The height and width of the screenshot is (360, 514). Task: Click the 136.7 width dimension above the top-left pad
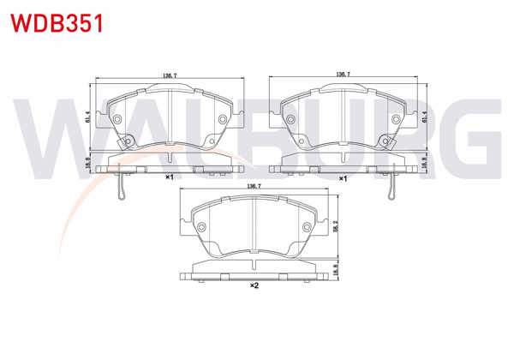tap(169, 75)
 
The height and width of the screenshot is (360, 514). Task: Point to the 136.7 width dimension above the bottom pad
tap(254, 185)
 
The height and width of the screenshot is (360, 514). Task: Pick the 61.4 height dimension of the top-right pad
tap(426, 120)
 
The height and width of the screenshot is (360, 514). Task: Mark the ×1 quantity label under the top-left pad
tap(170, 177)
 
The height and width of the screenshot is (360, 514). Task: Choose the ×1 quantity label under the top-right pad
tap(343, 177)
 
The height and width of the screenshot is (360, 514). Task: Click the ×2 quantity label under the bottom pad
tap(254, 285)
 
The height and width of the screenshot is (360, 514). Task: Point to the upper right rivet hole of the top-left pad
tap(223, 118)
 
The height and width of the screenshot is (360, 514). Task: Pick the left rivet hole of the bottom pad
tap(202, 227)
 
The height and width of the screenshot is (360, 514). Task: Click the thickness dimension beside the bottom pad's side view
tap(337, 267)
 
